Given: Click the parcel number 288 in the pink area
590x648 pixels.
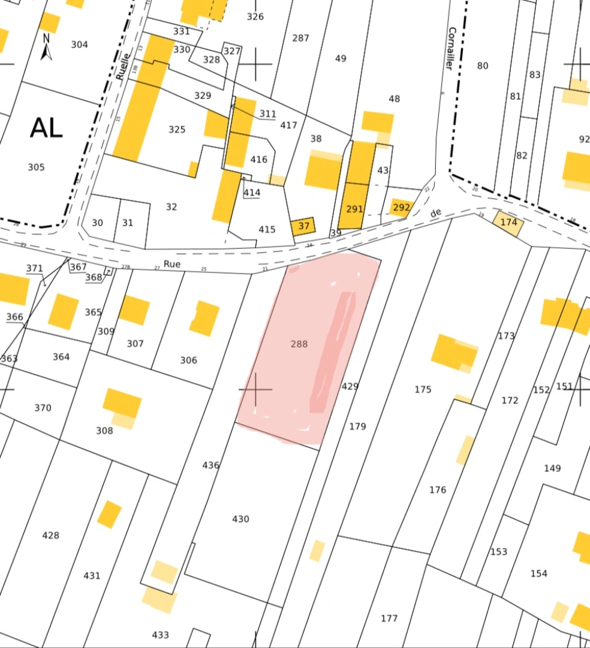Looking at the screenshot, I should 299,344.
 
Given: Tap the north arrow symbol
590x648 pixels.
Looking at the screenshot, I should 46,47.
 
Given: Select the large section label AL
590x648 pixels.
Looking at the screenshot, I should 46,128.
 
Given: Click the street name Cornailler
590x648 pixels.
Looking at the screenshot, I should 451,49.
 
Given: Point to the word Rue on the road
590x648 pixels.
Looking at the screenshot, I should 172,263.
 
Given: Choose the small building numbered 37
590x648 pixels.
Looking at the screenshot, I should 303,226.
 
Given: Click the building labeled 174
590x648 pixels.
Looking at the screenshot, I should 508,223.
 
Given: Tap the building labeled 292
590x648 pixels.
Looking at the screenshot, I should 401,208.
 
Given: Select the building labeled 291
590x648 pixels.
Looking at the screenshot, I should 354,209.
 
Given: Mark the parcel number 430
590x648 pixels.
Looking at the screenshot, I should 240,519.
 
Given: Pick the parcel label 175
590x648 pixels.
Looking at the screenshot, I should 423,389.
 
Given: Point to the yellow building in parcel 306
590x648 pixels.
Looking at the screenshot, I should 205,318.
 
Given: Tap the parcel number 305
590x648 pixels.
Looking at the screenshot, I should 36,167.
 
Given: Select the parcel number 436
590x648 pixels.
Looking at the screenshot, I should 210,465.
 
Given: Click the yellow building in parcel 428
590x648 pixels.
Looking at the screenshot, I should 110,514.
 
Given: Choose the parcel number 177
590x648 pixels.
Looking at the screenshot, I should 389,618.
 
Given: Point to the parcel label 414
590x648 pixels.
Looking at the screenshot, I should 252,192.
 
